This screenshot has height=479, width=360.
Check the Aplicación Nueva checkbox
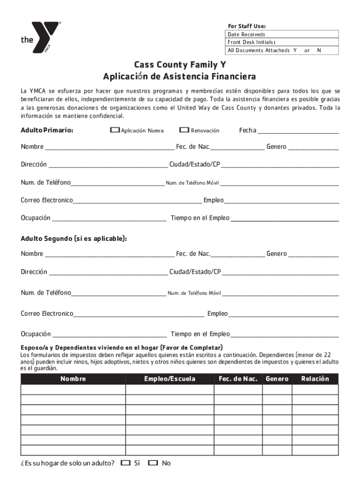(x=115, y=130)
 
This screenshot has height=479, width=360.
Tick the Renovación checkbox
(x=184, y=130)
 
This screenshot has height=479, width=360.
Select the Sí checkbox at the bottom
(x=125, y=463)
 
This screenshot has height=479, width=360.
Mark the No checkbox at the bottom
(x=153, y=463)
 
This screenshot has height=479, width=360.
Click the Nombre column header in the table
(x=73, y=379)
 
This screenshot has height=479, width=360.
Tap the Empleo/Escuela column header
(x=170, y=379)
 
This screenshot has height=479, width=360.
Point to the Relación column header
(x=315, y=379)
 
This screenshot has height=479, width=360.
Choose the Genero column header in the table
(x=277, y=379)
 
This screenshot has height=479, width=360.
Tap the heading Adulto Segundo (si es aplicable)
(x=74, y=239)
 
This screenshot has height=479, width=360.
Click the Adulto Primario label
(x=47, y=131)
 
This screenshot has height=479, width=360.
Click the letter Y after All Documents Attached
(x=295, y=51)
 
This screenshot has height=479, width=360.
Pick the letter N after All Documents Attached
(x=319, y=51)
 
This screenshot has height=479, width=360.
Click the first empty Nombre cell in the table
(x=73, y=390)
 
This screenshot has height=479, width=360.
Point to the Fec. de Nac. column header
(x=238, y=379)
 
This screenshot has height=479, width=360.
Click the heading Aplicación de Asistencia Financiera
(x=180, y=76)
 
